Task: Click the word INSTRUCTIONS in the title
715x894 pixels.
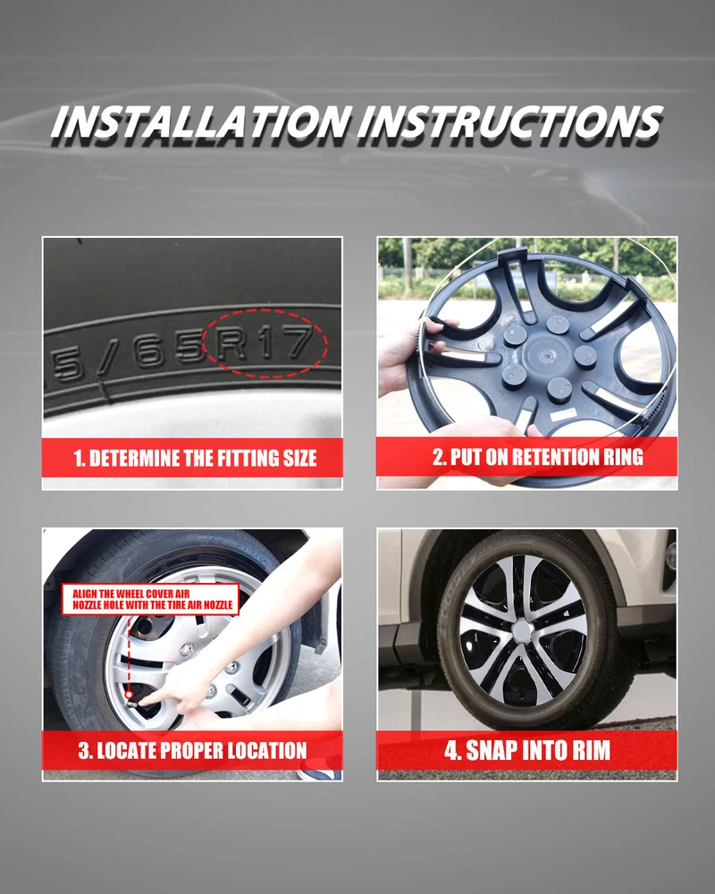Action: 510,122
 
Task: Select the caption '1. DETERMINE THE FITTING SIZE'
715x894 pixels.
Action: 195,459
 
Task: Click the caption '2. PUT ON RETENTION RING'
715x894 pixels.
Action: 538,457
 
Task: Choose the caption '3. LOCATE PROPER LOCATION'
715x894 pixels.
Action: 193,750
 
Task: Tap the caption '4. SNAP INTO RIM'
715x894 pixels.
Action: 527,750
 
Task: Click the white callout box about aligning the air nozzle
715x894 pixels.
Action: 150,599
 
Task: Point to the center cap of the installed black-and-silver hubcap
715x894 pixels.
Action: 522,631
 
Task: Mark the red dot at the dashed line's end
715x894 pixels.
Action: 130,695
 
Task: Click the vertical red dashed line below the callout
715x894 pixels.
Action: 129,654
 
